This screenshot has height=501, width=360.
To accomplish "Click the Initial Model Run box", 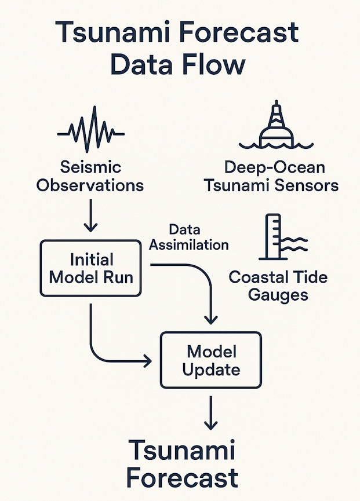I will [91, 268].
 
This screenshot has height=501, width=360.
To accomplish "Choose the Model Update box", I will [211, 359].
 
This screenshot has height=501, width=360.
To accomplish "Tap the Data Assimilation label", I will [189, 237].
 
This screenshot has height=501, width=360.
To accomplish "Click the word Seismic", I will [91, 167].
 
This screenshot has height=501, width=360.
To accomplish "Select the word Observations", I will [91, 185].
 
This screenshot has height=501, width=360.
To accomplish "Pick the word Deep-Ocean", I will [274, 168].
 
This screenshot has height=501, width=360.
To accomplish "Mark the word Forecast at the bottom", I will [182, 478].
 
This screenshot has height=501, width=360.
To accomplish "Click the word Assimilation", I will [189, 244].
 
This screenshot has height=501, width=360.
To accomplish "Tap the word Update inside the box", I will [211, 368].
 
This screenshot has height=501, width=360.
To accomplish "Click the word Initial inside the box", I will [91, 258].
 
